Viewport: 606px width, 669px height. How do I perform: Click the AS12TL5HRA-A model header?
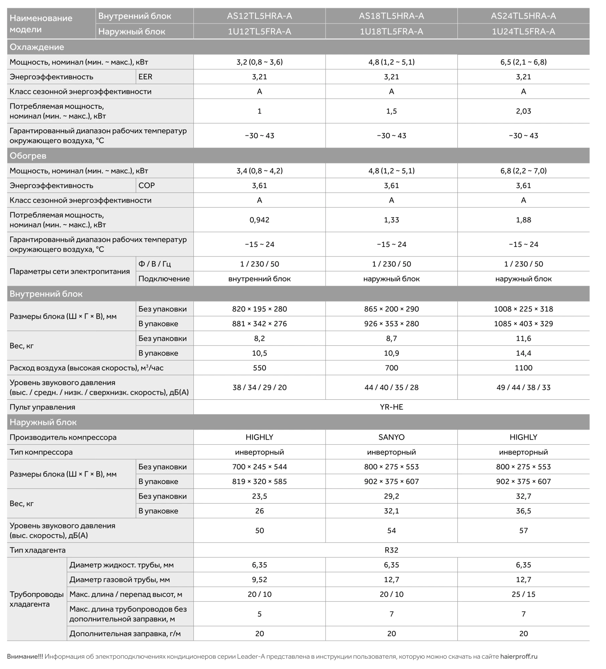259,16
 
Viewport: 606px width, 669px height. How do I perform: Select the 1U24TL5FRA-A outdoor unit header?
523,31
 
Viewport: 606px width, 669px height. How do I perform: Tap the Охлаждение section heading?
37,47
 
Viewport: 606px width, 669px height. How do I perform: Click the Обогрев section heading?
28,156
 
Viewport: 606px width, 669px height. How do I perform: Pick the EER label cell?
146,77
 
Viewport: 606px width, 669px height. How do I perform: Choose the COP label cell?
147,185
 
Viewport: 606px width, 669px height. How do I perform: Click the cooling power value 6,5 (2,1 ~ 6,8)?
523,62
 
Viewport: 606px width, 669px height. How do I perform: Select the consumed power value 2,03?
523,111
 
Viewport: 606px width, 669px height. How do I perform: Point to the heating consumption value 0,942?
259,220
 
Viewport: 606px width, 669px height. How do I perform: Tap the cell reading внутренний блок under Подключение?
259,279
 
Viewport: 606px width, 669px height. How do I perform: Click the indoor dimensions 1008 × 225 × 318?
523,309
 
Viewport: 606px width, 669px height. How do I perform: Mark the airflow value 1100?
523,368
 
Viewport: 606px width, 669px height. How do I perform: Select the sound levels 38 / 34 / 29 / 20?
259,387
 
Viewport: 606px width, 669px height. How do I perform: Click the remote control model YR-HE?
392,407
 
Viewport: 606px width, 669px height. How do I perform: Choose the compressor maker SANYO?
392,437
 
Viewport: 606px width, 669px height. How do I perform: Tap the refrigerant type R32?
392,550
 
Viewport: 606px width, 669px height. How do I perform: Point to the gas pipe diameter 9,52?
259,580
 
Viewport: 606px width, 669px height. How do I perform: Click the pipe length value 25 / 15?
523,594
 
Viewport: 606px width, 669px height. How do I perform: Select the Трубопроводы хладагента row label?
36,599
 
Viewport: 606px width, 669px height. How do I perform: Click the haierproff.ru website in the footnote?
519,657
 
